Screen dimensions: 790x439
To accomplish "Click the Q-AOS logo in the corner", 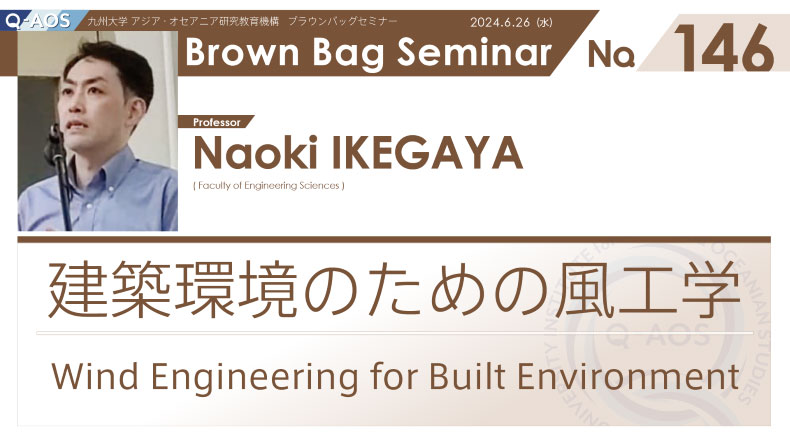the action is (x=38, y=21).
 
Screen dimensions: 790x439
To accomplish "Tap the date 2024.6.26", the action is (x=500, y=22).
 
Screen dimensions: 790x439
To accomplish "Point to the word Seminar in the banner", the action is (x=474, y=51).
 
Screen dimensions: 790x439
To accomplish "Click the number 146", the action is (x=724, y=48).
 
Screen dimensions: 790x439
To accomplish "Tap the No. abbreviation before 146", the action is (x=611, y=54).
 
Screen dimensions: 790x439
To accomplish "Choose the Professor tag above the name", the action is (x=217, y=122).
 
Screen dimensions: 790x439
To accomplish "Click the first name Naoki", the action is (x=255, y=153).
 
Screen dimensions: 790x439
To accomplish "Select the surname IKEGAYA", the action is (x=427, y=153).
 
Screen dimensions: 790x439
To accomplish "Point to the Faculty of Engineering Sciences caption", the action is (x=269, y=185).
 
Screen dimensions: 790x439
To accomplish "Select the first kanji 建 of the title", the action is (x=78, y=290).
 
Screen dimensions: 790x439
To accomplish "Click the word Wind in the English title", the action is (x=95, y=376).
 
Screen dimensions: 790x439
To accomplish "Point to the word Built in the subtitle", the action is (x=467, y=375).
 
